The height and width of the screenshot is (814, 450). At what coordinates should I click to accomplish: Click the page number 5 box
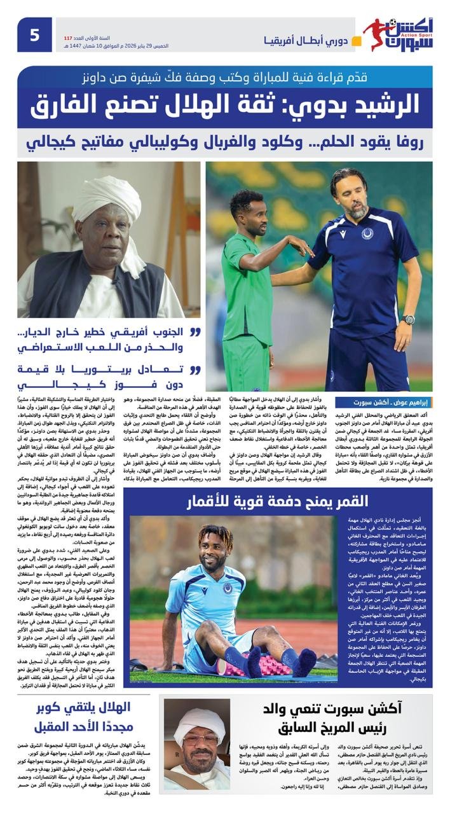coord(34,34)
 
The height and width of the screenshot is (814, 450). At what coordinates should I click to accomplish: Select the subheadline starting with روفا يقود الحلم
coord(225,142)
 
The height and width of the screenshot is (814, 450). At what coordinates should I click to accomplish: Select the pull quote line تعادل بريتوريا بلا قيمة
coord(107,378)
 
